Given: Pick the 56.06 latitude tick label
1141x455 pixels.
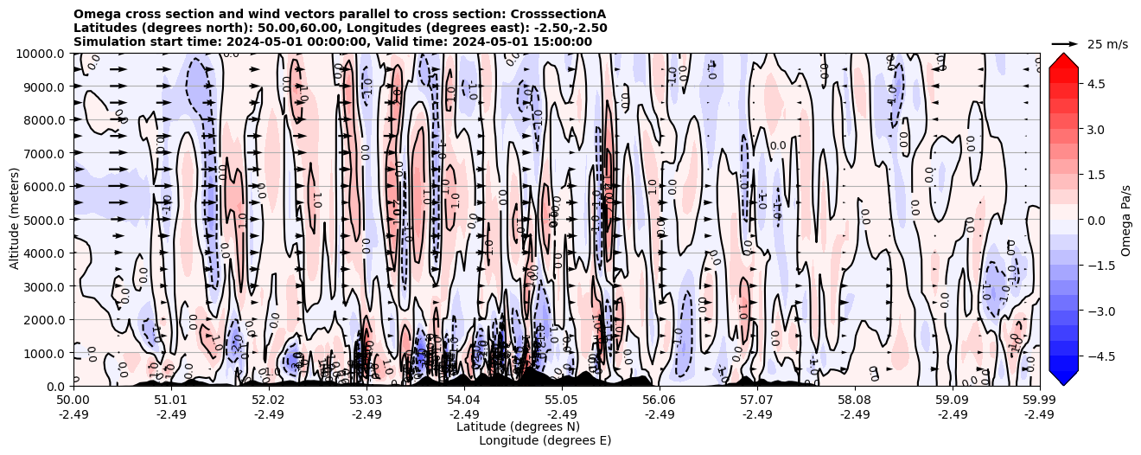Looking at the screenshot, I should click(659, 401).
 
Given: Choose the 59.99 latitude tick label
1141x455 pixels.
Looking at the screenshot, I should click(1038, 401).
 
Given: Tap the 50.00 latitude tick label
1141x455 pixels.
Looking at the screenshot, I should click(73, 401).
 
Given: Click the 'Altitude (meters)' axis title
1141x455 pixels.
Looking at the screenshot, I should click(15, 220).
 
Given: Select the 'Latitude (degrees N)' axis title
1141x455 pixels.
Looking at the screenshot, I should click(518, 426).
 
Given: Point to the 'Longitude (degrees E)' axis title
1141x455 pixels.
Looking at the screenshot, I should click(545, 440).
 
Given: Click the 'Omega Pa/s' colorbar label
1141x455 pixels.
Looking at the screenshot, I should click(1125, 220).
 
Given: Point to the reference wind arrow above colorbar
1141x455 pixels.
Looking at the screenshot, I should click(1065, 43).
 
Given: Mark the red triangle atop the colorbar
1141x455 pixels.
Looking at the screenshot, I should click(1063, 60).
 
